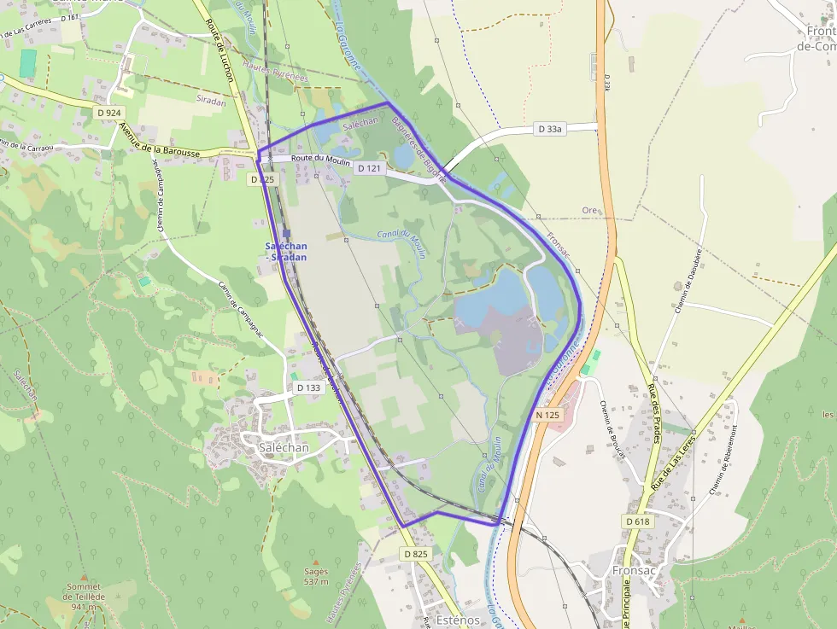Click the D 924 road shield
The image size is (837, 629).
108,112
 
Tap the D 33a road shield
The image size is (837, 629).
551,129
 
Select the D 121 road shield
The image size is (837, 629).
368,168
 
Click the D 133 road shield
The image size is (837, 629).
308,387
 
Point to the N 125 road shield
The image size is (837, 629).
547,415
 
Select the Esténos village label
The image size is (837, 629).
457,620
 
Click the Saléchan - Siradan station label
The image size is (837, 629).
285,252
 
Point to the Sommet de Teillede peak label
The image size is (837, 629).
83,597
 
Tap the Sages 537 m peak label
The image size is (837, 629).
316,577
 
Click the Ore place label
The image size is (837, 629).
588,210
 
